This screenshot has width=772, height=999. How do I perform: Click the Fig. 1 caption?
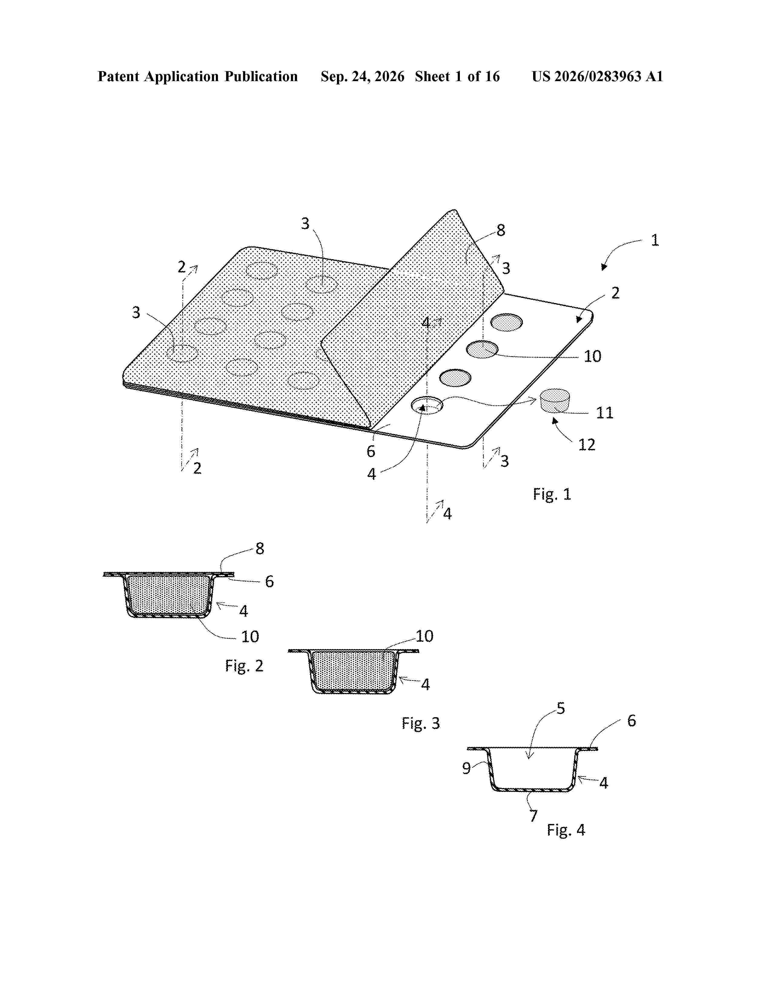552,494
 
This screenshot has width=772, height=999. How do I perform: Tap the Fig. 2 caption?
244,665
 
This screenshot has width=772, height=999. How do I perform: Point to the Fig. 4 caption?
566,830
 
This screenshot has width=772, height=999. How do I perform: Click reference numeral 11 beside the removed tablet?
604,413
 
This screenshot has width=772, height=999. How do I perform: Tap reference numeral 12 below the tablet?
587,445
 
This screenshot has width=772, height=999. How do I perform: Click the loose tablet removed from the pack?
555,401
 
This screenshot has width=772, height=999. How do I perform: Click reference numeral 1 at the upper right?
655,240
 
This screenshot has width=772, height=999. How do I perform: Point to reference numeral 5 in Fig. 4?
561,709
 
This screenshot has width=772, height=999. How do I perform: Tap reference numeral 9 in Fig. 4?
466,768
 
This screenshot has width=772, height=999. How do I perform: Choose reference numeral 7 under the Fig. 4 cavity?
533,816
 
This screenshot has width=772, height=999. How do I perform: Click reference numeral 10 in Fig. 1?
592,356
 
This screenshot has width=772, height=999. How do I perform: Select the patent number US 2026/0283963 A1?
597,76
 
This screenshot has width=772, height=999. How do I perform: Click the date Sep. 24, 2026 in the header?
362,76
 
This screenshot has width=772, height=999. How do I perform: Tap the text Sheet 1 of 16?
457,76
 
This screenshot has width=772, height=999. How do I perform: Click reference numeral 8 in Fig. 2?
260,549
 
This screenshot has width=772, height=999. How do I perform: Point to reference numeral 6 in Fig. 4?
632,721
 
